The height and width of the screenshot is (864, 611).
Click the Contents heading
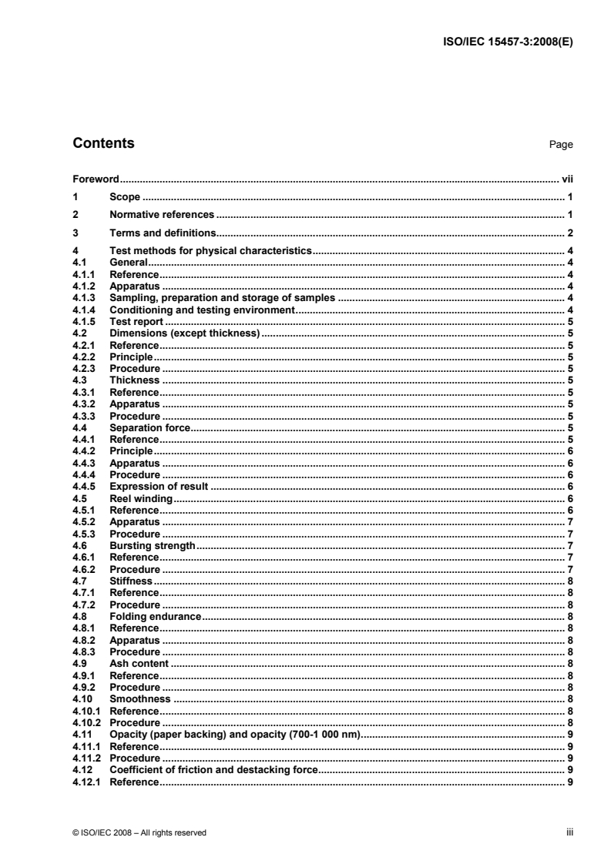(103, 143)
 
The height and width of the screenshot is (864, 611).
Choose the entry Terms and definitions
(161, 233)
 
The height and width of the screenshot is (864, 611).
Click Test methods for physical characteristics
(210, 251)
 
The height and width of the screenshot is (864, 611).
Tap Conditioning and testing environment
(203, 309)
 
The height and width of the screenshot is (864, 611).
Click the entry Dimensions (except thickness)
(186, 333)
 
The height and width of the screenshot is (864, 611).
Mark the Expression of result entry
(159, 487)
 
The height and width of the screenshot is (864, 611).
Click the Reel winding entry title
(141, 498)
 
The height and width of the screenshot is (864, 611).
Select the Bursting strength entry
(152, 545)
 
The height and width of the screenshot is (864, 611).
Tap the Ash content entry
(139, 663)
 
